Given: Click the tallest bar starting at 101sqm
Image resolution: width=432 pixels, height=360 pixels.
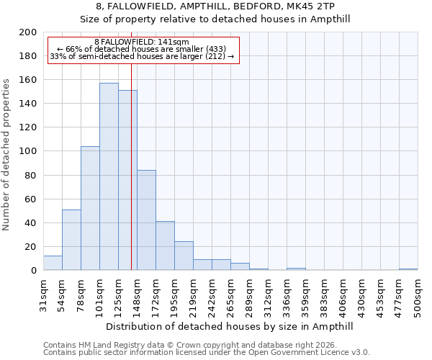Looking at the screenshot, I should click(109, 176).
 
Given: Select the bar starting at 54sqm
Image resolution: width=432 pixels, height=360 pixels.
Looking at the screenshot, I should click(71, 240).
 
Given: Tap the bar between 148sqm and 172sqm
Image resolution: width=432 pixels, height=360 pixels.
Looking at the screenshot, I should click(146, 220).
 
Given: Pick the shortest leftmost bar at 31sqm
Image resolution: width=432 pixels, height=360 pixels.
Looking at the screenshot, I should click(53, 264).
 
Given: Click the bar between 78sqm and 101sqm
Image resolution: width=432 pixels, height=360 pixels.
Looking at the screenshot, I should click(90, 208).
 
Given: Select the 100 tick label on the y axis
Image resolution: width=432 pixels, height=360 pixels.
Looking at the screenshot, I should click(27, 151).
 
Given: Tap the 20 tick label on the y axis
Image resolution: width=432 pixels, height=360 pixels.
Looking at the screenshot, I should click(30, 247).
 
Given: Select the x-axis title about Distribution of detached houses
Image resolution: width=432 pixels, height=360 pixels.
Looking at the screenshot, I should click(230, 326).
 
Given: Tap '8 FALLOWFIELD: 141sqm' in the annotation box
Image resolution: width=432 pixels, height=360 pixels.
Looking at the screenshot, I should click(142, 42).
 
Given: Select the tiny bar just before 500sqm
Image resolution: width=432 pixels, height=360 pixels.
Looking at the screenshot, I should click(408, 269).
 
